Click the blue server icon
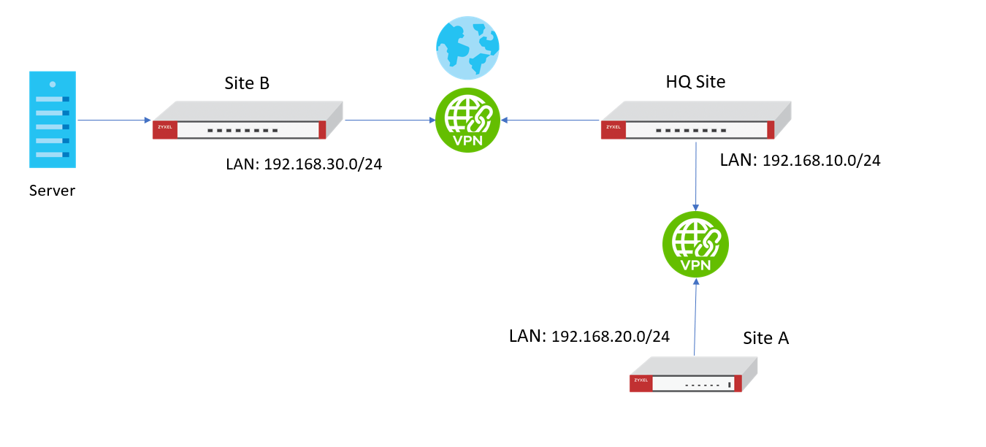click(53, 119)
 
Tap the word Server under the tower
click(52, 191)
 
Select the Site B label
click(247, 83)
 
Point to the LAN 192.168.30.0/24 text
click(305, 164)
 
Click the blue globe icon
click(467, 47)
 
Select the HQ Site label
click(695, 82)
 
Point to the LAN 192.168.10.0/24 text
click(800, 161)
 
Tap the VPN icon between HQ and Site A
click(695, 244)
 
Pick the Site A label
click(766, 338)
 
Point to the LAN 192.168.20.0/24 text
click(589, 336)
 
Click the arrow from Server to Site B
click(113, 120)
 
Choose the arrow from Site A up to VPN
click(695, 318)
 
